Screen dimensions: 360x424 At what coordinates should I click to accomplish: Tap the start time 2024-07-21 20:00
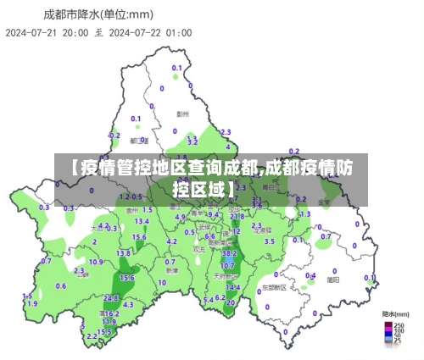tap(47, 33)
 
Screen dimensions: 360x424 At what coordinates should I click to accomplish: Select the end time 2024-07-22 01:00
tap(150, 33)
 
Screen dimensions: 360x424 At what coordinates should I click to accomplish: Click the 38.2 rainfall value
tap(229, 253)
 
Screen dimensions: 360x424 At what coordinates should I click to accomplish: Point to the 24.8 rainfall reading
tap(111, 298)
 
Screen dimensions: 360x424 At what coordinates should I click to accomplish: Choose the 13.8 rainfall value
tap(124, 252)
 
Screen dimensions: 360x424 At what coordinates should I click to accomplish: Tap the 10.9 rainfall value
tap(97, 261)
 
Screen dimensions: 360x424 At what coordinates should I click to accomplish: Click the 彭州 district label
tap(182, 113)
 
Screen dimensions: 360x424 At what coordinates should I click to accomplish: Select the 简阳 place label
tap(333, 279)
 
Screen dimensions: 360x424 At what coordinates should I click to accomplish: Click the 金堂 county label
tap(324, 202)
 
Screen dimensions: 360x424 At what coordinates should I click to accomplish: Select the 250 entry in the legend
tap(399, 324)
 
